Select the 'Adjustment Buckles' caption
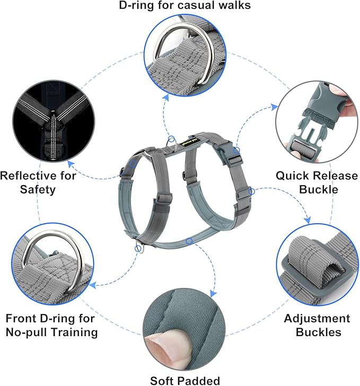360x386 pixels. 317,326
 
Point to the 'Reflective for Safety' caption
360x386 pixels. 38,181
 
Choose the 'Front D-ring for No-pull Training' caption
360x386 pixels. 51,326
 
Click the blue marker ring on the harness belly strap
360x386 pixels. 189,241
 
